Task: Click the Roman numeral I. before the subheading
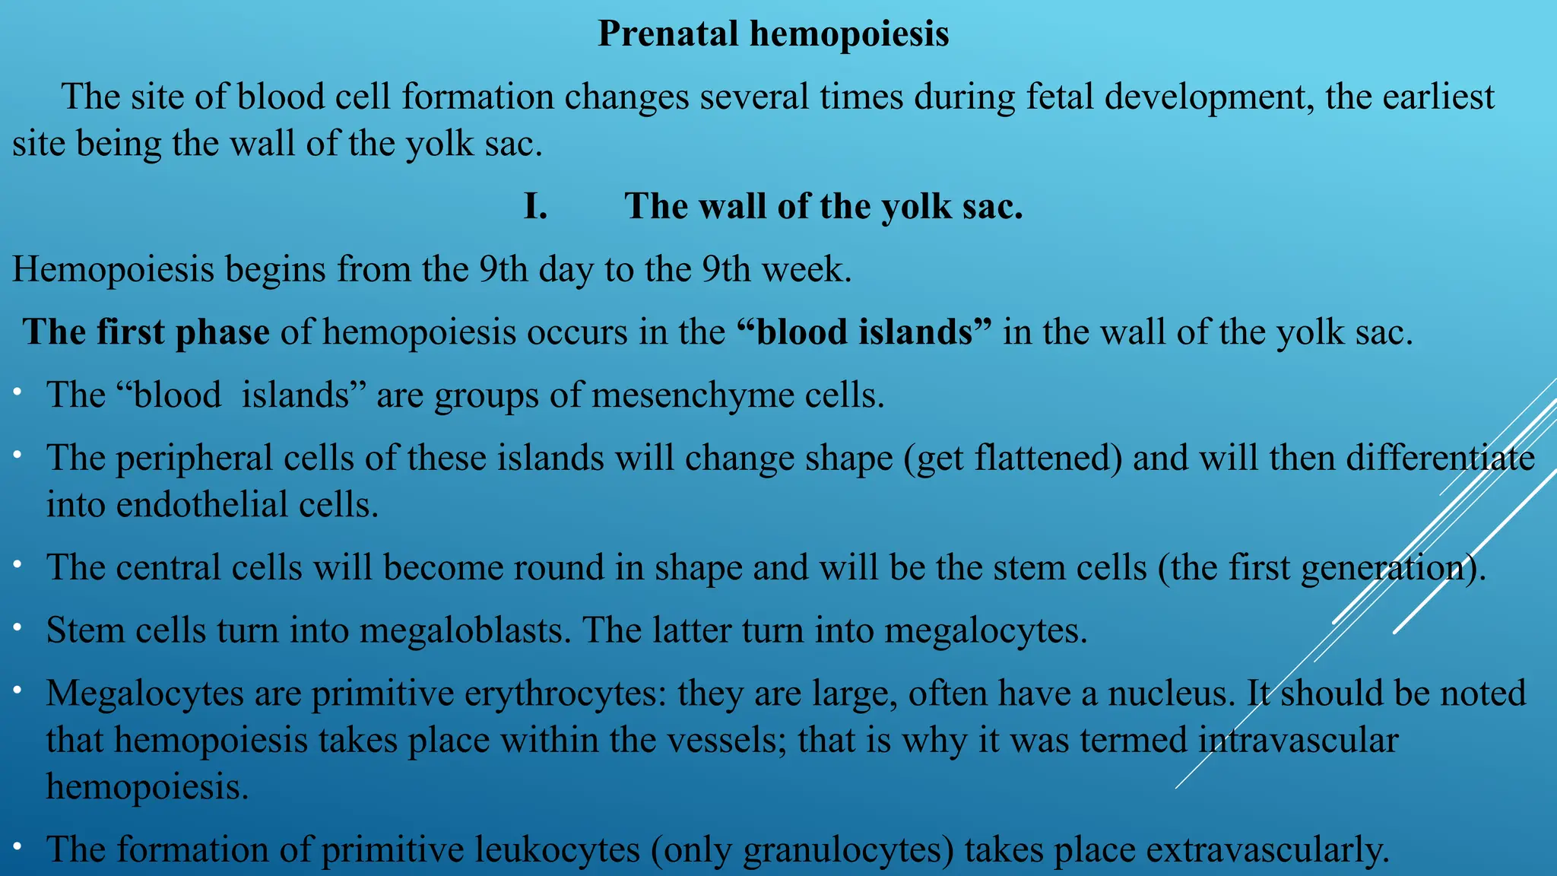tap(535, 207)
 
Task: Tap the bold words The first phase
tap(146, 333)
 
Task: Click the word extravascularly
tap(1267, 850)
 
